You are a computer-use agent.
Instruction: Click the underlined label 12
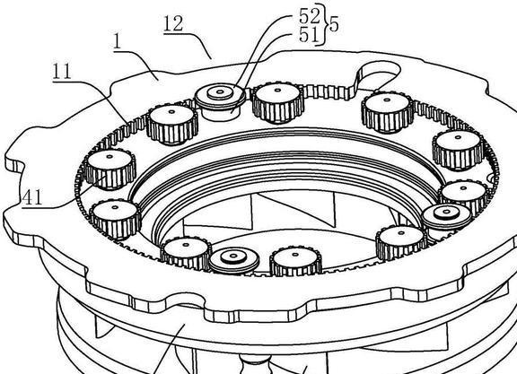[173, 25]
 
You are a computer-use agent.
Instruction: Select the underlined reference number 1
[117, 42]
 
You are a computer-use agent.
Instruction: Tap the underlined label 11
[62, 72]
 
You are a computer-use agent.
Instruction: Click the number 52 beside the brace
[310, 15]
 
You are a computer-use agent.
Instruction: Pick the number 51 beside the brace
[309, 35]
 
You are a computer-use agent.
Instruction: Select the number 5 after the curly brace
[334, 24]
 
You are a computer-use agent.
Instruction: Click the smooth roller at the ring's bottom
[234, 259]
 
